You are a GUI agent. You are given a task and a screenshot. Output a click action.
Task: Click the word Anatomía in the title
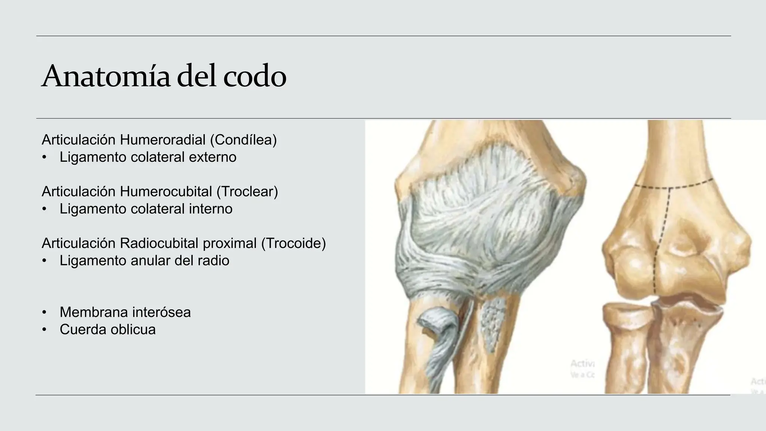coord(106,76)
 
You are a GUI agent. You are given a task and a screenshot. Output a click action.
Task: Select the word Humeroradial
coord(163,140)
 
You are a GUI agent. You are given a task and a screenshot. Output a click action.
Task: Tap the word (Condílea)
coord(243,140)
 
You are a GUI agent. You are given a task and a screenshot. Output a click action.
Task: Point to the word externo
coord(212,157)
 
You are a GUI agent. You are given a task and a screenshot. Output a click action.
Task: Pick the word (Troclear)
coord(247,192)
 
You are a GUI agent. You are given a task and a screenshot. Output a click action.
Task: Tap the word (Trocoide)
coord(294,243)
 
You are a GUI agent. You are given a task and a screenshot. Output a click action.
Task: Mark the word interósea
coord(164,312)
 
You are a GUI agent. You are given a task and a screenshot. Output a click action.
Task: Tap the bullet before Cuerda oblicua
coord(45,330)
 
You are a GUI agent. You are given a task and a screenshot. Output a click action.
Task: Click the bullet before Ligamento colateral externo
coord(45,157)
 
